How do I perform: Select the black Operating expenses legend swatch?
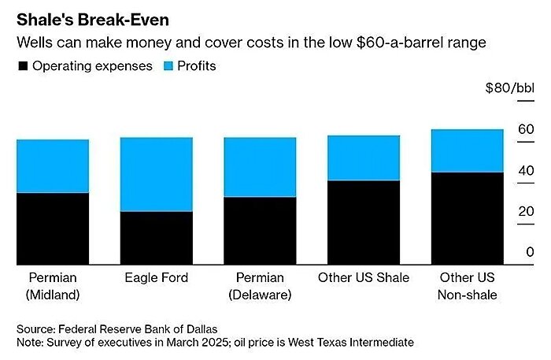23,67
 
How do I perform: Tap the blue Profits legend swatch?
171,67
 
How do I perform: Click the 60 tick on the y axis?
526,130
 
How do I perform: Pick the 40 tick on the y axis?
526,170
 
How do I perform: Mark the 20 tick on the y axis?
526,211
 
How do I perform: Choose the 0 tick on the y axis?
530,252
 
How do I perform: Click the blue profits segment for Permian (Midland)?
53,166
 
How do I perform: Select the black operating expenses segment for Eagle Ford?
157,238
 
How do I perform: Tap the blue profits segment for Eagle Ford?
157,174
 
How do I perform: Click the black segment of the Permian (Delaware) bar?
260,231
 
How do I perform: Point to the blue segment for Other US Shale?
364,158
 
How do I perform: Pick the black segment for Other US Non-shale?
467,218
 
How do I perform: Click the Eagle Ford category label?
157,278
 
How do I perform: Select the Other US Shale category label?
364,278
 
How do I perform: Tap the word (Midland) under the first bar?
53,295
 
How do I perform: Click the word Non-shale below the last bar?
467,295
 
